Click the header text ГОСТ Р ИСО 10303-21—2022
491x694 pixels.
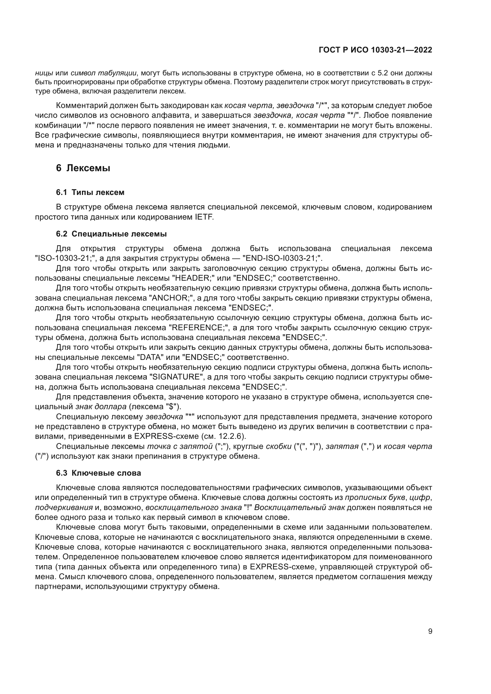375,50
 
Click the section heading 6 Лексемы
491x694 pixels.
83,168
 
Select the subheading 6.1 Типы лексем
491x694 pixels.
90,192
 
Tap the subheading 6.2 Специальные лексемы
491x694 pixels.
111,234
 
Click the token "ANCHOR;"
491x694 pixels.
171,298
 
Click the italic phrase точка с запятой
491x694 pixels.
180,447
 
